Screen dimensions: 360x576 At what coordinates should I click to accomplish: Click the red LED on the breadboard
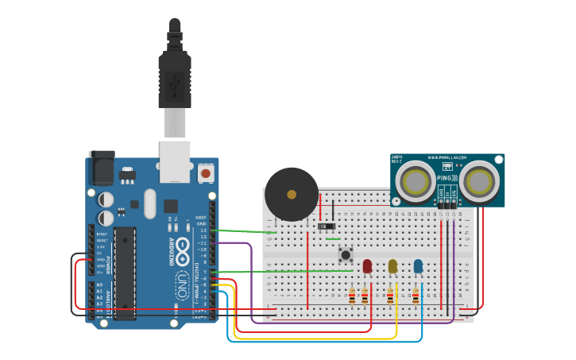367,266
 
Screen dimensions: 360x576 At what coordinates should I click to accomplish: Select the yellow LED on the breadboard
392,266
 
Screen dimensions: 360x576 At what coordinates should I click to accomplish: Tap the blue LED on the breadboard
418,266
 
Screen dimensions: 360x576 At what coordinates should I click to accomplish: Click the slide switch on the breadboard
327,226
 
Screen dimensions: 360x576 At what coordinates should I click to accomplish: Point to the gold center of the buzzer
292,194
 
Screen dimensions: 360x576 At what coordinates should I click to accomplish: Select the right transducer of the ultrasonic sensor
479,181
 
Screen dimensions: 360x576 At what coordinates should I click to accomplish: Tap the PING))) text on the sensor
447,178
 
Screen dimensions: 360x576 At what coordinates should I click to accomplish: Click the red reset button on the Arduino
206,172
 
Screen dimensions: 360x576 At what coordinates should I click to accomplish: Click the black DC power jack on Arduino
102,168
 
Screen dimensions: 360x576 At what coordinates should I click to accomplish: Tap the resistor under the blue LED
416,296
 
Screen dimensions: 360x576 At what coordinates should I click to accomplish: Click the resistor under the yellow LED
390,296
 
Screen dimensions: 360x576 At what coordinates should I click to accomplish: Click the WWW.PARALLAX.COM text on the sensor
456,158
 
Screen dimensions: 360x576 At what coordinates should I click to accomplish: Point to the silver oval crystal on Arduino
150,203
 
